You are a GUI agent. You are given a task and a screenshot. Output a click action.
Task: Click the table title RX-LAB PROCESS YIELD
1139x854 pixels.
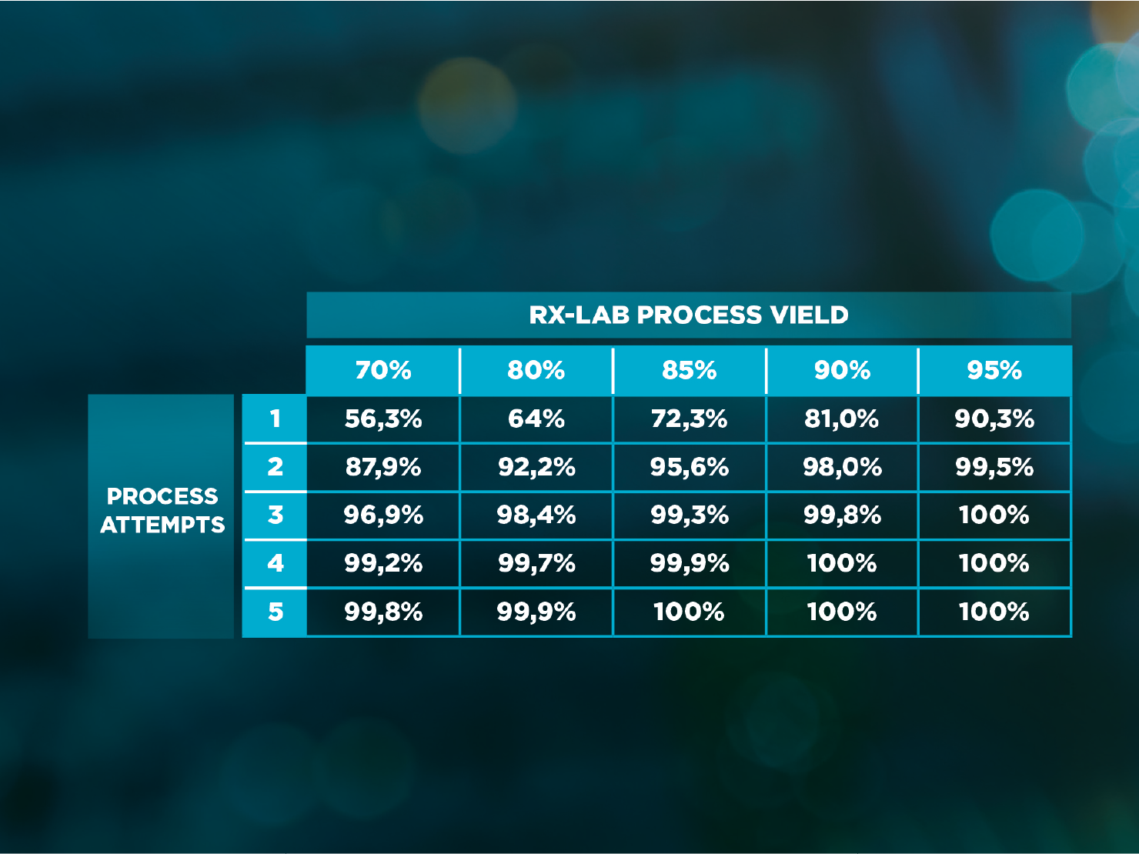click(x=689, y=315)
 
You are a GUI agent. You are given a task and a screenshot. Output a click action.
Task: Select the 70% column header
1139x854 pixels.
click(x=383, y=370)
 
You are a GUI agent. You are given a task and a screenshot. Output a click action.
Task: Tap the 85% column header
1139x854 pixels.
click(x=689, y=370)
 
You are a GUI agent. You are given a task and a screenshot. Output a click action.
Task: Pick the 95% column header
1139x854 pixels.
click(x=994, y=370)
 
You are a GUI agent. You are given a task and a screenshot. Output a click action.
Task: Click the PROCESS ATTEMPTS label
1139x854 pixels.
click(x=162, y=511)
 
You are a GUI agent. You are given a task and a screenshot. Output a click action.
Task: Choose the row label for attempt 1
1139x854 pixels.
click(x=275, y=419)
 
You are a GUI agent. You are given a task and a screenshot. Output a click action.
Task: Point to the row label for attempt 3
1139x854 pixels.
click(x=275, y=515)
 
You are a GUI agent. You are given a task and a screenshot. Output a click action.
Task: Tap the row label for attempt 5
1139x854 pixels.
click(x=275, y=612)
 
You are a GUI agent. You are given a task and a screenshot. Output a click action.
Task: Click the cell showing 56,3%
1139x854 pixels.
click(x=383, y=419)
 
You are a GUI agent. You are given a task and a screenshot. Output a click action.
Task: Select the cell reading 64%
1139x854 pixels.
click(x=536, y=419)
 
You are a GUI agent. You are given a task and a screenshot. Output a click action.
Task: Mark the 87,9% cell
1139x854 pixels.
click(x=383, y=467)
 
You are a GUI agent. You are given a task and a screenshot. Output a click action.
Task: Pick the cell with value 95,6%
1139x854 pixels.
click(x=689, y=467)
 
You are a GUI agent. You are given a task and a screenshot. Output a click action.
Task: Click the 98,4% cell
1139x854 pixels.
click(x=536, y=515)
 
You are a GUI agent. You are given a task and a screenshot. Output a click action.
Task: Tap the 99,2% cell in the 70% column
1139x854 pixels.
click(x=383, y=563)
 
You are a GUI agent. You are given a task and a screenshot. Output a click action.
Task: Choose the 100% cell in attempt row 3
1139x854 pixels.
click(x=994, y=515)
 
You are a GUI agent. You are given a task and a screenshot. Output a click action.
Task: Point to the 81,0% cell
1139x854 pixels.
click(x=842, y=419)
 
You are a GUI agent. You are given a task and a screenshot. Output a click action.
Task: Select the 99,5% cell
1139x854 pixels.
click(x=994, y=467)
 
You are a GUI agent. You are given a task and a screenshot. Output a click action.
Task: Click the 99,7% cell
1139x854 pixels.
click(x=536, y=563)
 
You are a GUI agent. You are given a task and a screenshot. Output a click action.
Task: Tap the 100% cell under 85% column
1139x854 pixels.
click(x=689, y=612)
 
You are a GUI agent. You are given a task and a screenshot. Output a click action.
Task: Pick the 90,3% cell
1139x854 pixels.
click(x=994, y=419)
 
